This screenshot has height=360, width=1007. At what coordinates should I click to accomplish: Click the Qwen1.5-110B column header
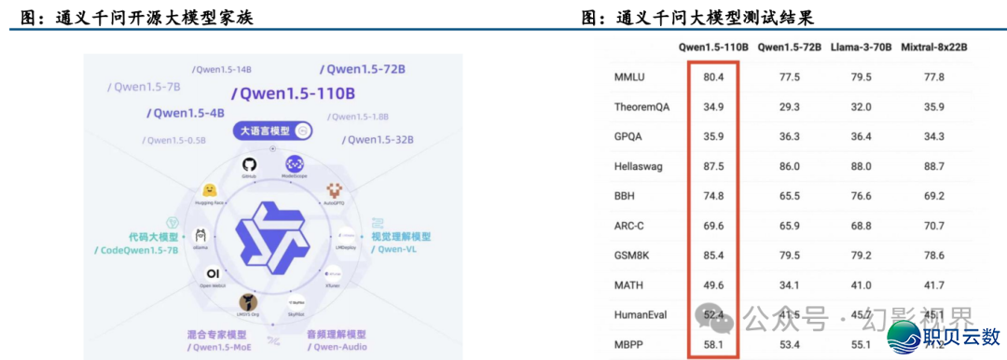[713, 47]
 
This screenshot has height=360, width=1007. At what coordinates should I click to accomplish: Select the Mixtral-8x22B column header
[934, 47]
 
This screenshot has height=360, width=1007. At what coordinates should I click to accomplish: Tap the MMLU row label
[630, 77]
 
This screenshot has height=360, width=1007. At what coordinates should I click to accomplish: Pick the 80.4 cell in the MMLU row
[713, 77]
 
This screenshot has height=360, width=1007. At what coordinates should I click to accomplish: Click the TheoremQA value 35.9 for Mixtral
[933, 107]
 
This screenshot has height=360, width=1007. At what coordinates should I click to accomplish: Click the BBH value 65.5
[790, 196]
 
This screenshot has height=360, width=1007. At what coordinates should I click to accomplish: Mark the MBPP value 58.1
[713, 345]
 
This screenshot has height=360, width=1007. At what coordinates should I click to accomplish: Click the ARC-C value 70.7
[933, 226]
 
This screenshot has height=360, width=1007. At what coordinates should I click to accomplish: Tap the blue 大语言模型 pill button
[272, 132]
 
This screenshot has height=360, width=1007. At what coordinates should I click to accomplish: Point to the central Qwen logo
[272, 238]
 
